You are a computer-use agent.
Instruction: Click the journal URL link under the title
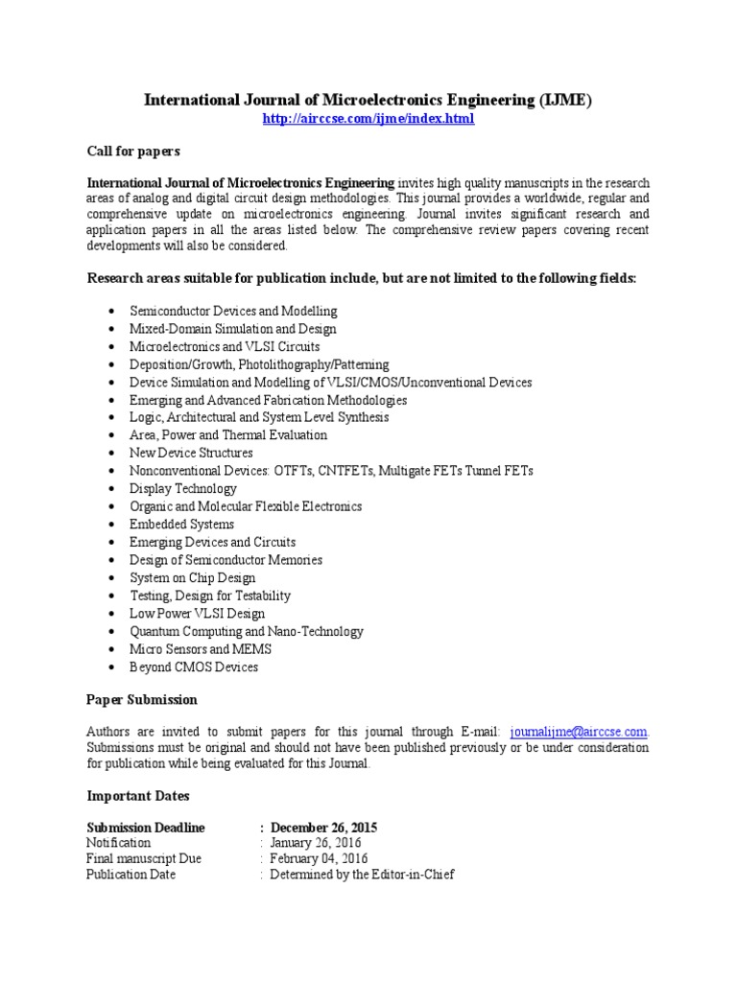tap(368, 119)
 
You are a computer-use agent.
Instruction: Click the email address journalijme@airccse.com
tap(579, 731)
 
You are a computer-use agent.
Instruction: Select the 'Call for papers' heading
tap(133, 152)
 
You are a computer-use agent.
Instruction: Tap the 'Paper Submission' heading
tap(142, 699)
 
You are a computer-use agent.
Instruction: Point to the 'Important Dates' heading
tap(138, 796)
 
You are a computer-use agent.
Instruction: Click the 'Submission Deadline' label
tap(145, 827)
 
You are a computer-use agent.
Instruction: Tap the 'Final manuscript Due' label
tap(144, 859)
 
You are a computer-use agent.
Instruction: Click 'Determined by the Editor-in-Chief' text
tap(362, 875)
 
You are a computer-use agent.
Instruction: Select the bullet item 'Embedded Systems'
tap(181, 525)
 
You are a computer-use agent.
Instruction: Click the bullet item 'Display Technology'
tap(183, 489)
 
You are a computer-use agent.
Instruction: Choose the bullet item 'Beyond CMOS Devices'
tap(194, 667)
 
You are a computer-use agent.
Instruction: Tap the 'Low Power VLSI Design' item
tap(197, 614)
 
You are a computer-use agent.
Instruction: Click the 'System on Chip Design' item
tap(193, 578)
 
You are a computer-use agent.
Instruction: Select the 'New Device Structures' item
tap(191, 453)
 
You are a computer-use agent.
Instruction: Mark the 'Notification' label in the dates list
tap(118, 843)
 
